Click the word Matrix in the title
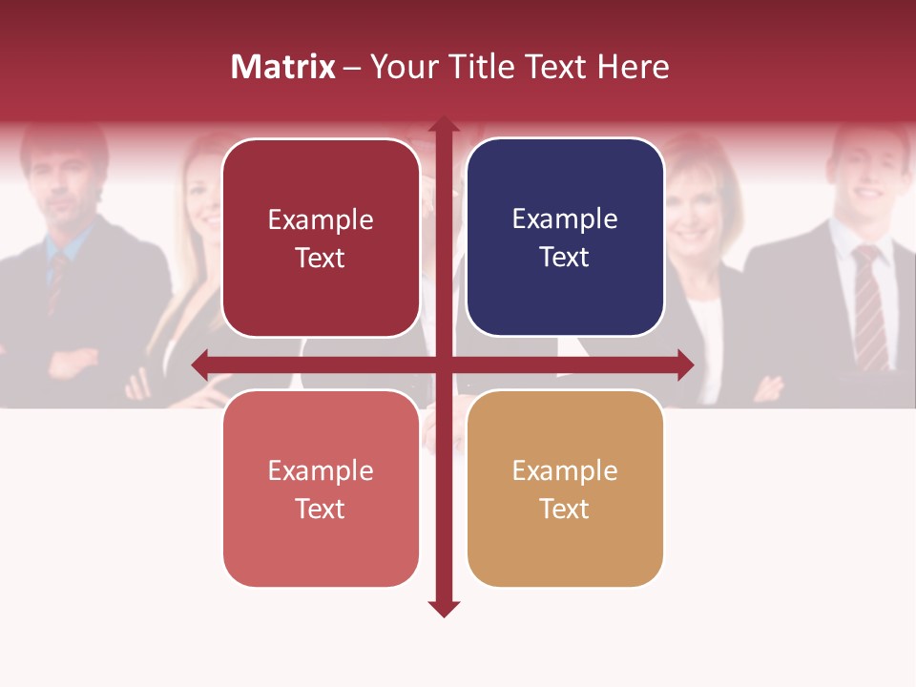283,67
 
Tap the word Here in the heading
633,67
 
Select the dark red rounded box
321,238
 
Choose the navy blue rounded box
565,238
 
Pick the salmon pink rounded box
321,489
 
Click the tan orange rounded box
565,489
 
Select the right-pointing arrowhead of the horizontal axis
685,364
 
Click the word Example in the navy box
565,219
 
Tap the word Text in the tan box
565,509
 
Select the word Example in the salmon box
321,470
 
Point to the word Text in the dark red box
321,258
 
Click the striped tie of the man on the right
869,305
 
